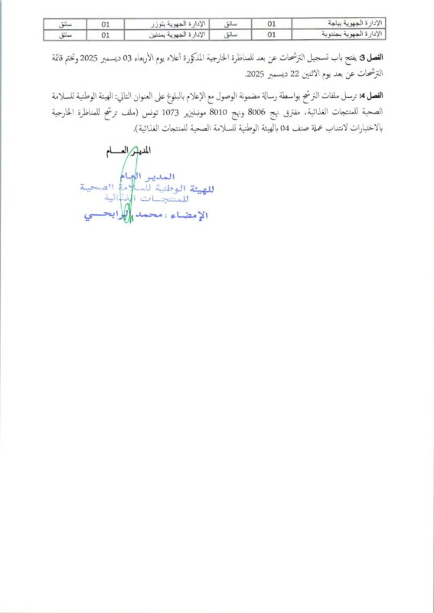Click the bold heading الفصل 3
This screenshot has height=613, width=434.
(391, 58)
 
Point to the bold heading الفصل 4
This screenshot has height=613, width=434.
(391, 97)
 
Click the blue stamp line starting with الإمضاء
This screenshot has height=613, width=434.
(145, 217)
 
